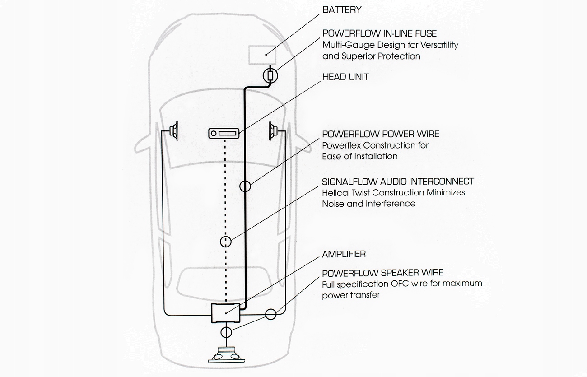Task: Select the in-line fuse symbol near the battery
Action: [270, 74]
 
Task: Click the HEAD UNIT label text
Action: [345, 77]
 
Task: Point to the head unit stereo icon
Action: [224, 134]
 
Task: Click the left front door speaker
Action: [174, 131]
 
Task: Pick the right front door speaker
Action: [273, 130]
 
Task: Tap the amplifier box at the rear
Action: [226, 313]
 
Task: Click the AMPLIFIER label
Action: [344, 255]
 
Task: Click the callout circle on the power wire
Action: [245, 186]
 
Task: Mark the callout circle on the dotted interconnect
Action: [226, 242]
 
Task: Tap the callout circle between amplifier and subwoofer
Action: [226, 333]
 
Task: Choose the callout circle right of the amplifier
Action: [271, 314]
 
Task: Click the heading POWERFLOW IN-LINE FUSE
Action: [379, 34]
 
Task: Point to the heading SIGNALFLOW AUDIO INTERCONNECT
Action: [398, 182]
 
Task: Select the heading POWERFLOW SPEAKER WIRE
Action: [383, 273]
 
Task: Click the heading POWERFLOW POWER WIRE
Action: [381, 134]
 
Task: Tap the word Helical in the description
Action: [335, 192]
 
